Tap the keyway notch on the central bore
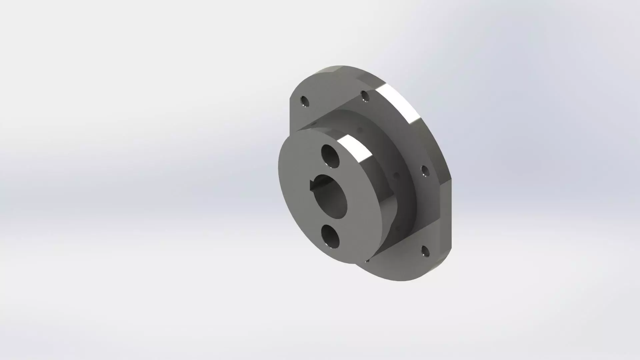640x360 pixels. (313, 185)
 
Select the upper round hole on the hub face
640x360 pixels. (330, 156)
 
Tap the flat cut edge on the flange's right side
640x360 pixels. (448, 213)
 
